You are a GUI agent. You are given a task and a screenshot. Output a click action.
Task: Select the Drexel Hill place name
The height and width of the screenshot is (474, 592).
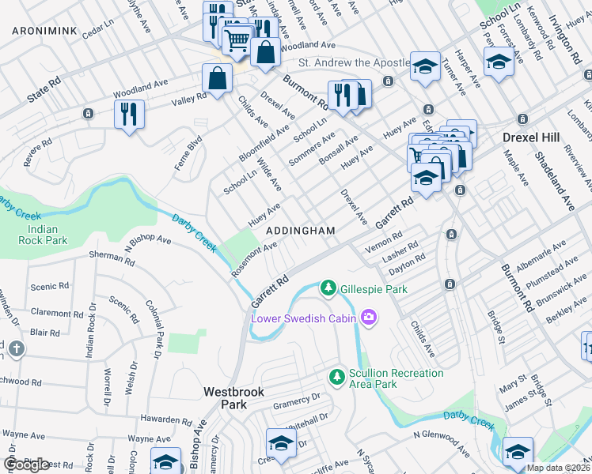click(531, 137)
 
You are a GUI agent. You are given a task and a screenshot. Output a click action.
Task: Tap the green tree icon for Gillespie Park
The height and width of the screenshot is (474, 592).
click(328, 289)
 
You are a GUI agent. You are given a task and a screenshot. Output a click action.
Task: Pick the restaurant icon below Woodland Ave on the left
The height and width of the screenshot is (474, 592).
click(128, 115)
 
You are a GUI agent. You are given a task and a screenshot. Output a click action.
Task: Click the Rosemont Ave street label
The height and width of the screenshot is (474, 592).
click(253, 258)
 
